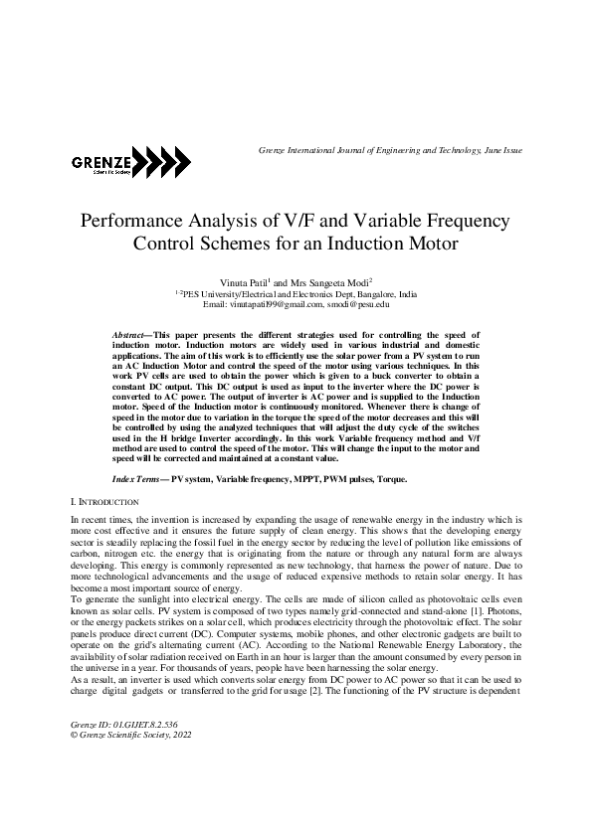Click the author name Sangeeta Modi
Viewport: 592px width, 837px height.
(336, 283)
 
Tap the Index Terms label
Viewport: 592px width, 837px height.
(139, 479)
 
